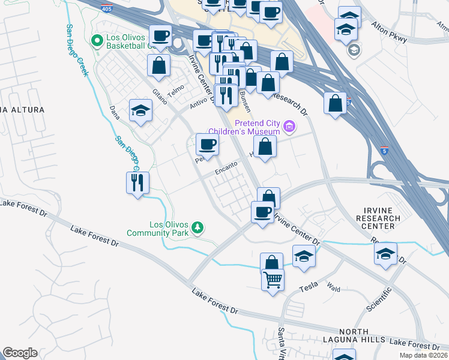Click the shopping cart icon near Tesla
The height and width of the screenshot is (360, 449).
273,278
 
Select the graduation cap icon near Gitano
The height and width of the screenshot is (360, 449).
140,110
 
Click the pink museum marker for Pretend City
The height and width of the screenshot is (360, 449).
290,126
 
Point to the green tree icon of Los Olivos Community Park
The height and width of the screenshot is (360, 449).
197,227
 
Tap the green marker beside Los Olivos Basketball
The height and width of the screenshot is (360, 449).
96,41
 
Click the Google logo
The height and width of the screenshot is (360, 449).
20,353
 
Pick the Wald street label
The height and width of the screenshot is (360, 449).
334,289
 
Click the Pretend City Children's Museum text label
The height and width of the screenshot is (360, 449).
244,127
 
